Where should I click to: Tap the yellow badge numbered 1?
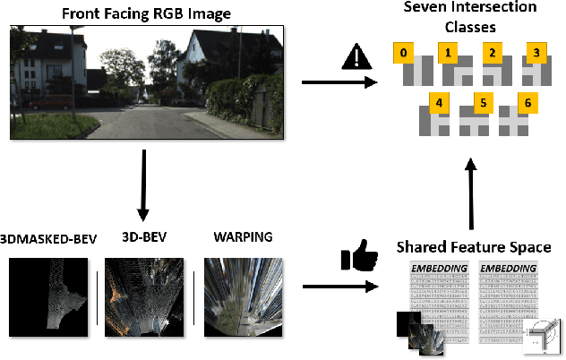[x=447, y=52]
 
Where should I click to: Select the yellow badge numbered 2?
[x=492, y=52]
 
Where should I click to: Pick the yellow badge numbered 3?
[x=536, y=52]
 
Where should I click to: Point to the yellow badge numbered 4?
[x=439, y=103]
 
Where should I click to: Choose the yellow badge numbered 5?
[x=483, y=103]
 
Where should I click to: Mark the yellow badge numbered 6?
[x=527, y=103]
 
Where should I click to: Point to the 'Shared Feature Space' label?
[x=473, y=245]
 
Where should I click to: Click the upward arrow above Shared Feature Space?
[x=472, y=193]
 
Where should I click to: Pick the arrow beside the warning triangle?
[x=338, y=83]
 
